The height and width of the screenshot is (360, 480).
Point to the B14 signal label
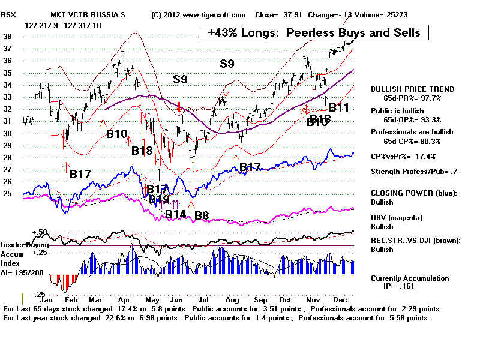point(176,214)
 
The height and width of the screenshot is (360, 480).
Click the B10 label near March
point(117,133)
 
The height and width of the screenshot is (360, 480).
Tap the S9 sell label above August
point(227,63)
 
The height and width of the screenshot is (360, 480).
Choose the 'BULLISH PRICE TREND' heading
point(412,89)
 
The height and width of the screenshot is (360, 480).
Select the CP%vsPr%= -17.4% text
point(403,156)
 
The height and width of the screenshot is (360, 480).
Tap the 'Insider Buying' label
point(24,245)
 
